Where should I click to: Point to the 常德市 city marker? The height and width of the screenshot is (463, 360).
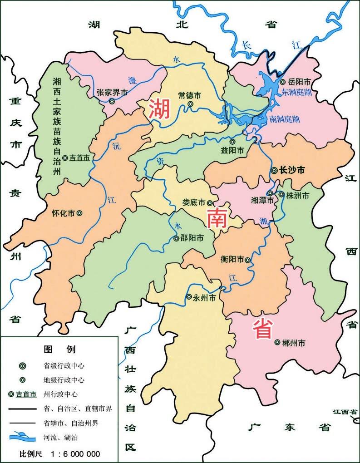pos(190,105)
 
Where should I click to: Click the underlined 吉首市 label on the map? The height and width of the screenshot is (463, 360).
pos(79,158)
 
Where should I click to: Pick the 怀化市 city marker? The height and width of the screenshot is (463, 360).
pos(79,212)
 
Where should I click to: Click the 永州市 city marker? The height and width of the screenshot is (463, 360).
pos(189,297)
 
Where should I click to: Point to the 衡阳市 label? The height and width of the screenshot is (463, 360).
pos(232,260)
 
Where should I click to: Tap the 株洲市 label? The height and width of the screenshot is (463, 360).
pos(297,195)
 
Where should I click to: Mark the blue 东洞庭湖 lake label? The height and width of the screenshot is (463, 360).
pos(296,93)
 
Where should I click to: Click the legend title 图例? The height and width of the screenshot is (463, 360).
pos(59,349)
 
